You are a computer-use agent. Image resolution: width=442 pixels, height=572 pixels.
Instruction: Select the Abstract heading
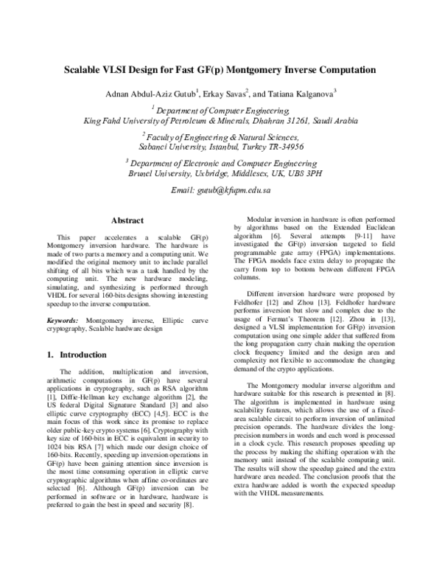click(126, 220)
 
